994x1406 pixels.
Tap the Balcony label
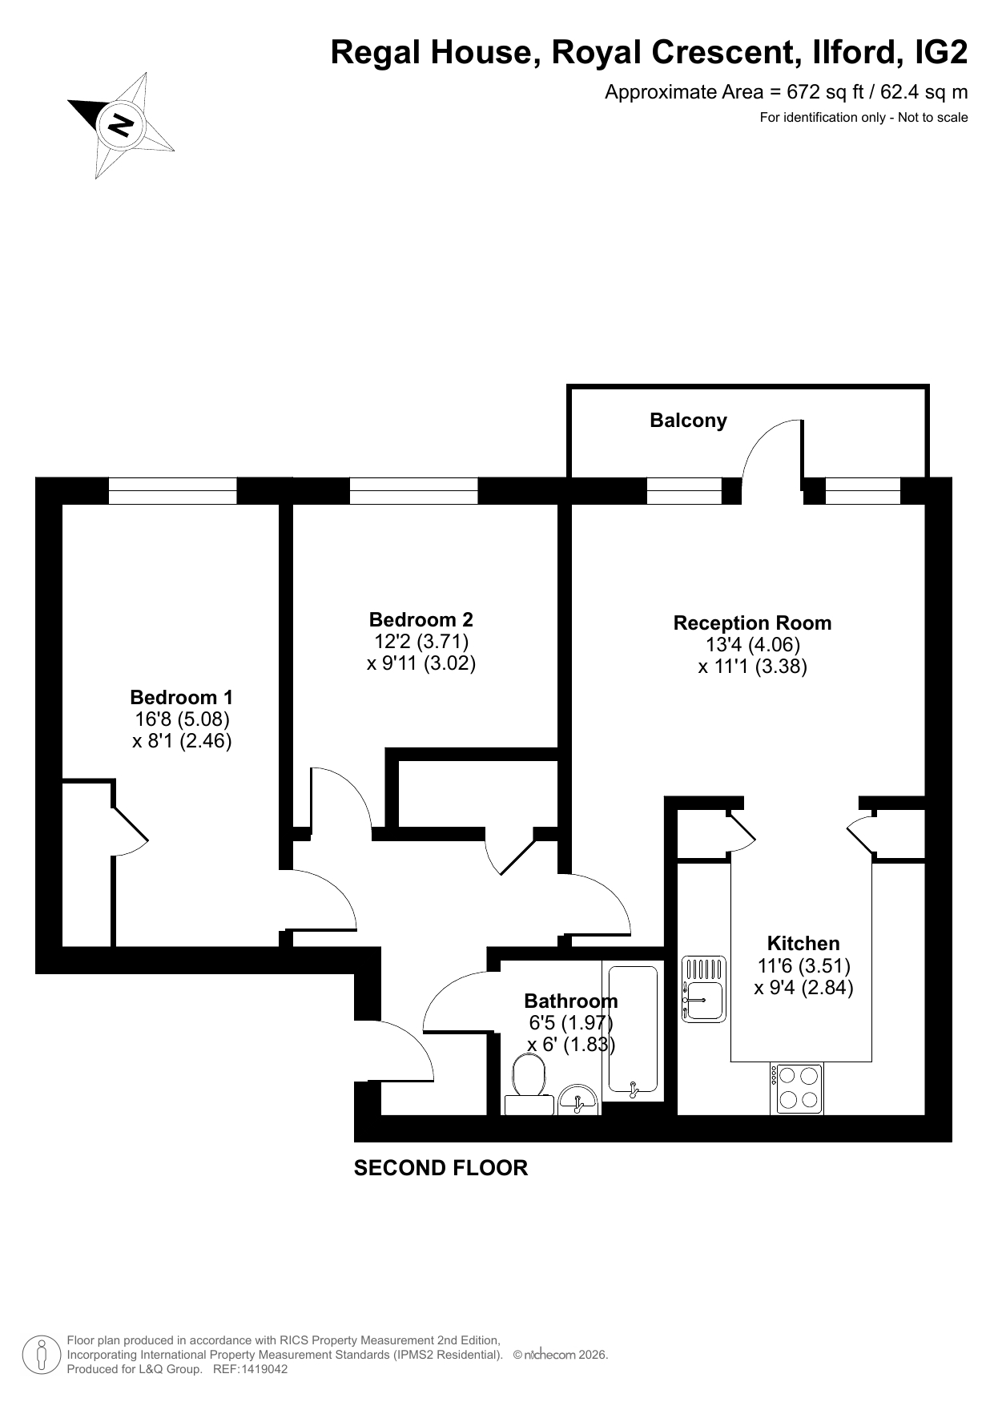[x=688, y=421]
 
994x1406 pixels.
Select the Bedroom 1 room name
[x=182, y=698]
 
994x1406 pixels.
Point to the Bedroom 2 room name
[x=421, y=619]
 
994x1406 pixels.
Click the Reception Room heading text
[x=752, y=623]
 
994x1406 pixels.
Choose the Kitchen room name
[x=803, y=944]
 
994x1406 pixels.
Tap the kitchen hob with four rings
[x=797, y=1089]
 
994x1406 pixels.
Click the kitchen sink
[x=704, y=989]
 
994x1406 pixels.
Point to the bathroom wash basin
[x=577, y=1100]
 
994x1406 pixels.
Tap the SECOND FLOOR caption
[x=441, y=1168]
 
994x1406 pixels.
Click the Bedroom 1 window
[x=173, y=491]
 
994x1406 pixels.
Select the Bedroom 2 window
[x=414, y=491]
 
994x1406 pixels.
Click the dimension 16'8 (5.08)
[x=182, y=719]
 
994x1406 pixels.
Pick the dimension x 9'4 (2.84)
[x=803, y=988]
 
